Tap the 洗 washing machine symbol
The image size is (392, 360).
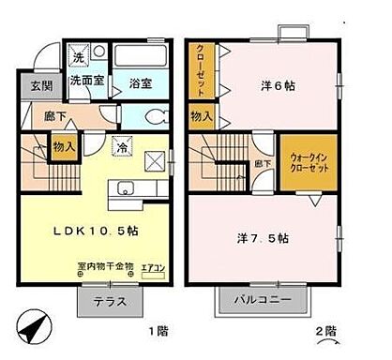coord(81,57)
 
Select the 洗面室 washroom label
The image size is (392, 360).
coord(88,82)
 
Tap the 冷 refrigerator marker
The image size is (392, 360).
coord(120,147)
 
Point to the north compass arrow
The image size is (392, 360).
coord(31,328)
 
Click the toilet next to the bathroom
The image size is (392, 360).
coord(157,117)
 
